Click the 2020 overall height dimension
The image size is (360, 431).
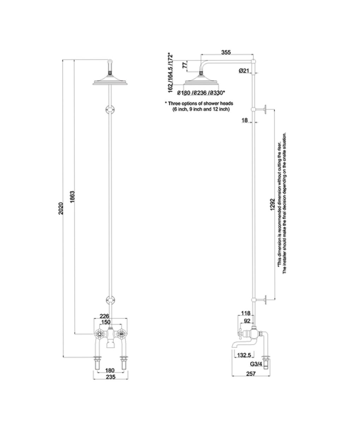[61, 208]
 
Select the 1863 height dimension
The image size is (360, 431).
[72, 197]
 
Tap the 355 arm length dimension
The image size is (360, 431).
[226, 52]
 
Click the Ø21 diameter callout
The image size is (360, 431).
[244, 71]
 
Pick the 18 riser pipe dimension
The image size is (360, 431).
[244, 120]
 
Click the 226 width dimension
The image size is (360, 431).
[104, 316]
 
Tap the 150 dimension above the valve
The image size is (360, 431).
[106, 322]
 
